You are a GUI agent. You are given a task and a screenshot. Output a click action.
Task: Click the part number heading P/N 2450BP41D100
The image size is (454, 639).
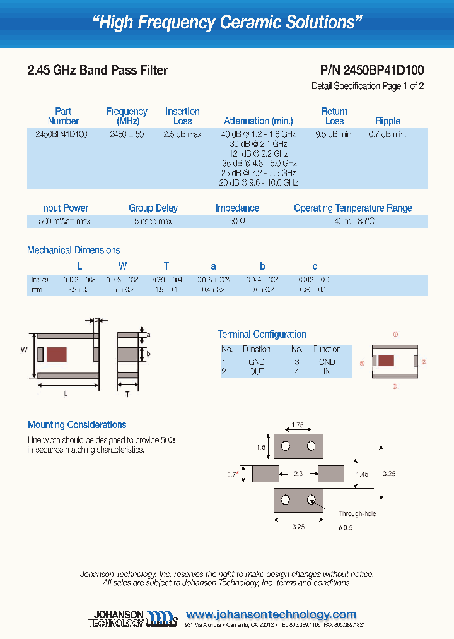click(368, 71)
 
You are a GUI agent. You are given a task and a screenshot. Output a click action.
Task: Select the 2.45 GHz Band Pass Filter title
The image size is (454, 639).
click(98, 71)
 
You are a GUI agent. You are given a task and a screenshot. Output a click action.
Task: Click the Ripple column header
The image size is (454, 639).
click(387, 121)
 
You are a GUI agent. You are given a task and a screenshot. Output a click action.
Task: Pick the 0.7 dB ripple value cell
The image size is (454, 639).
click(387, 134)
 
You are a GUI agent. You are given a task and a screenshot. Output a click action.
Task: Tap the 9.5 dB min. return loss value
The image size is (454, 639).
click(334, 134)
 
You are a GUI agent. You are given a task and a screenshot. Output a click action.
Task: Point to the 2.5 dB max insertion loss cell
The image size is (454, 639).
click(182, 134)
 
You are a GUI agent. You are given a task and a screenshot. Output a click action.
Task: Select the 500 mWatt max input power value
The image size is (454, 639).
click(64, 222)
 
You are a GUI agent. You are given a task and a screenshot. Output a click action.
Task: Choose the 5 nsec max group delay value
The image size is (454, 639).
click(153, 222)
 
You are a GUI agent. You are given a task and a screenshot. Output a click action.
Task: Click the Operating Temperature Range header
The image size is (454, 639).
click(352, 208)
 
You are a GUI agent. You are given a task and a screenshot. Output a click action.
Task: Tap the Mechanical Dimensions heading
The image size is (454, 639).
click(73, 250)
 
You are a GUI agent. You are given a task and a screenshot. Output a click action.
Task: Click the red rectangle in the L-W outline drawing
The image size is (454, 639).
click(57, 355)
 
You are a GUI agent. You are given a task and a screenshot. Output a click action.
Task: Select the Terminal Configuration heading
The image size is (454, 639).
click(262, 334)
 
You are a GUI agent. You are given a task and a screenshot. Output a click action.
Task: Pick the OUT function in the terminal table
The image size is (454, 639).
click(257, 372)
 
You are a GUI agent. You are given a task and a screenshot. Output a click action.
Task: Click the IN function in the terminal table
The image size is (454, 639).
click(327, 372)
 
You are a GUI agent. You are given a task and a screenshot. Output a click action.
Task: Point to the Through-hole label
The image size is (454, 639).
click(357, 514)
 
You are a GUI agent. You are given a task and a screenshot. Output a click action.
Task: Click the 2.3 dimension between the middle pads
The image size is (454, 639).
click(298, 474)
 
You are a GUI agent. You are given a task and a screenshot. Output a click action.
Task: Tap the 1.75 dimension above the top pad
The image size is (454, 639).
click(298, 425)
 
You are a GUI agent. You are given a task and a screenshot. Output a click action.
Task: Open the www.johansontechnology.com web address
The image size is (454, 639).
click(271, 614)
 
